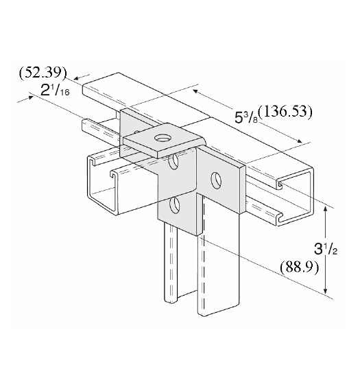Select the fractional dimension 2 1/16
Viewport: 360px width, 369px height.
point(56,90)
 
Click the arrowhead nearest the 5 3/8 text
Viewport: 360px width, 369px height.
point(198,93)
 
